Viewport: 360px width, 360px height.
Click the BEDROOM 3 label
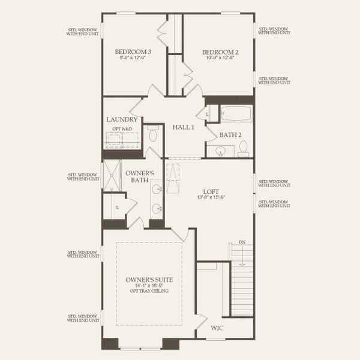click(x=133, y=52)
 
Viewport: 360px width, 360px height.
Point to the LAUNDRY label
click(x=122, y=120)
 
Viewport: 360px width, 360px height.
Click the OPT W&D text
click(x=122, y=129)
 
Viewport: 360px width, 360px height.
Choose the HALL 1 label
click(x=184, y=127)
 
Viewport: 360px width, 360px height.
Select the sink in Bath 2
click(x=220, y=150)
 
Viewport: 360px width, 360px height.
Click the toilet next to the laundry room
click(x=154, y=135)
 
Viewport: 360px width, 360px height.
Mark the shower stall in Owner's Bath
click(x=112, y=176)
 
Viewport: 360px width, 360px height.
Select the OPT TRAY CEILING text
click(x=149, y=291)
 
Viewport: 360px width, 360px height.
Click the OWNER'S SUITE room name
click(x=148, y=280)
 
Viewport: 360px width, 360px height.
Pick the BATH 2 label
click(x=230, y=135)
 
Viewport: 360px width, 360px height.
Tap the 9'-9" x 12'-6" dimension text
click(x=133, y=59)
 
